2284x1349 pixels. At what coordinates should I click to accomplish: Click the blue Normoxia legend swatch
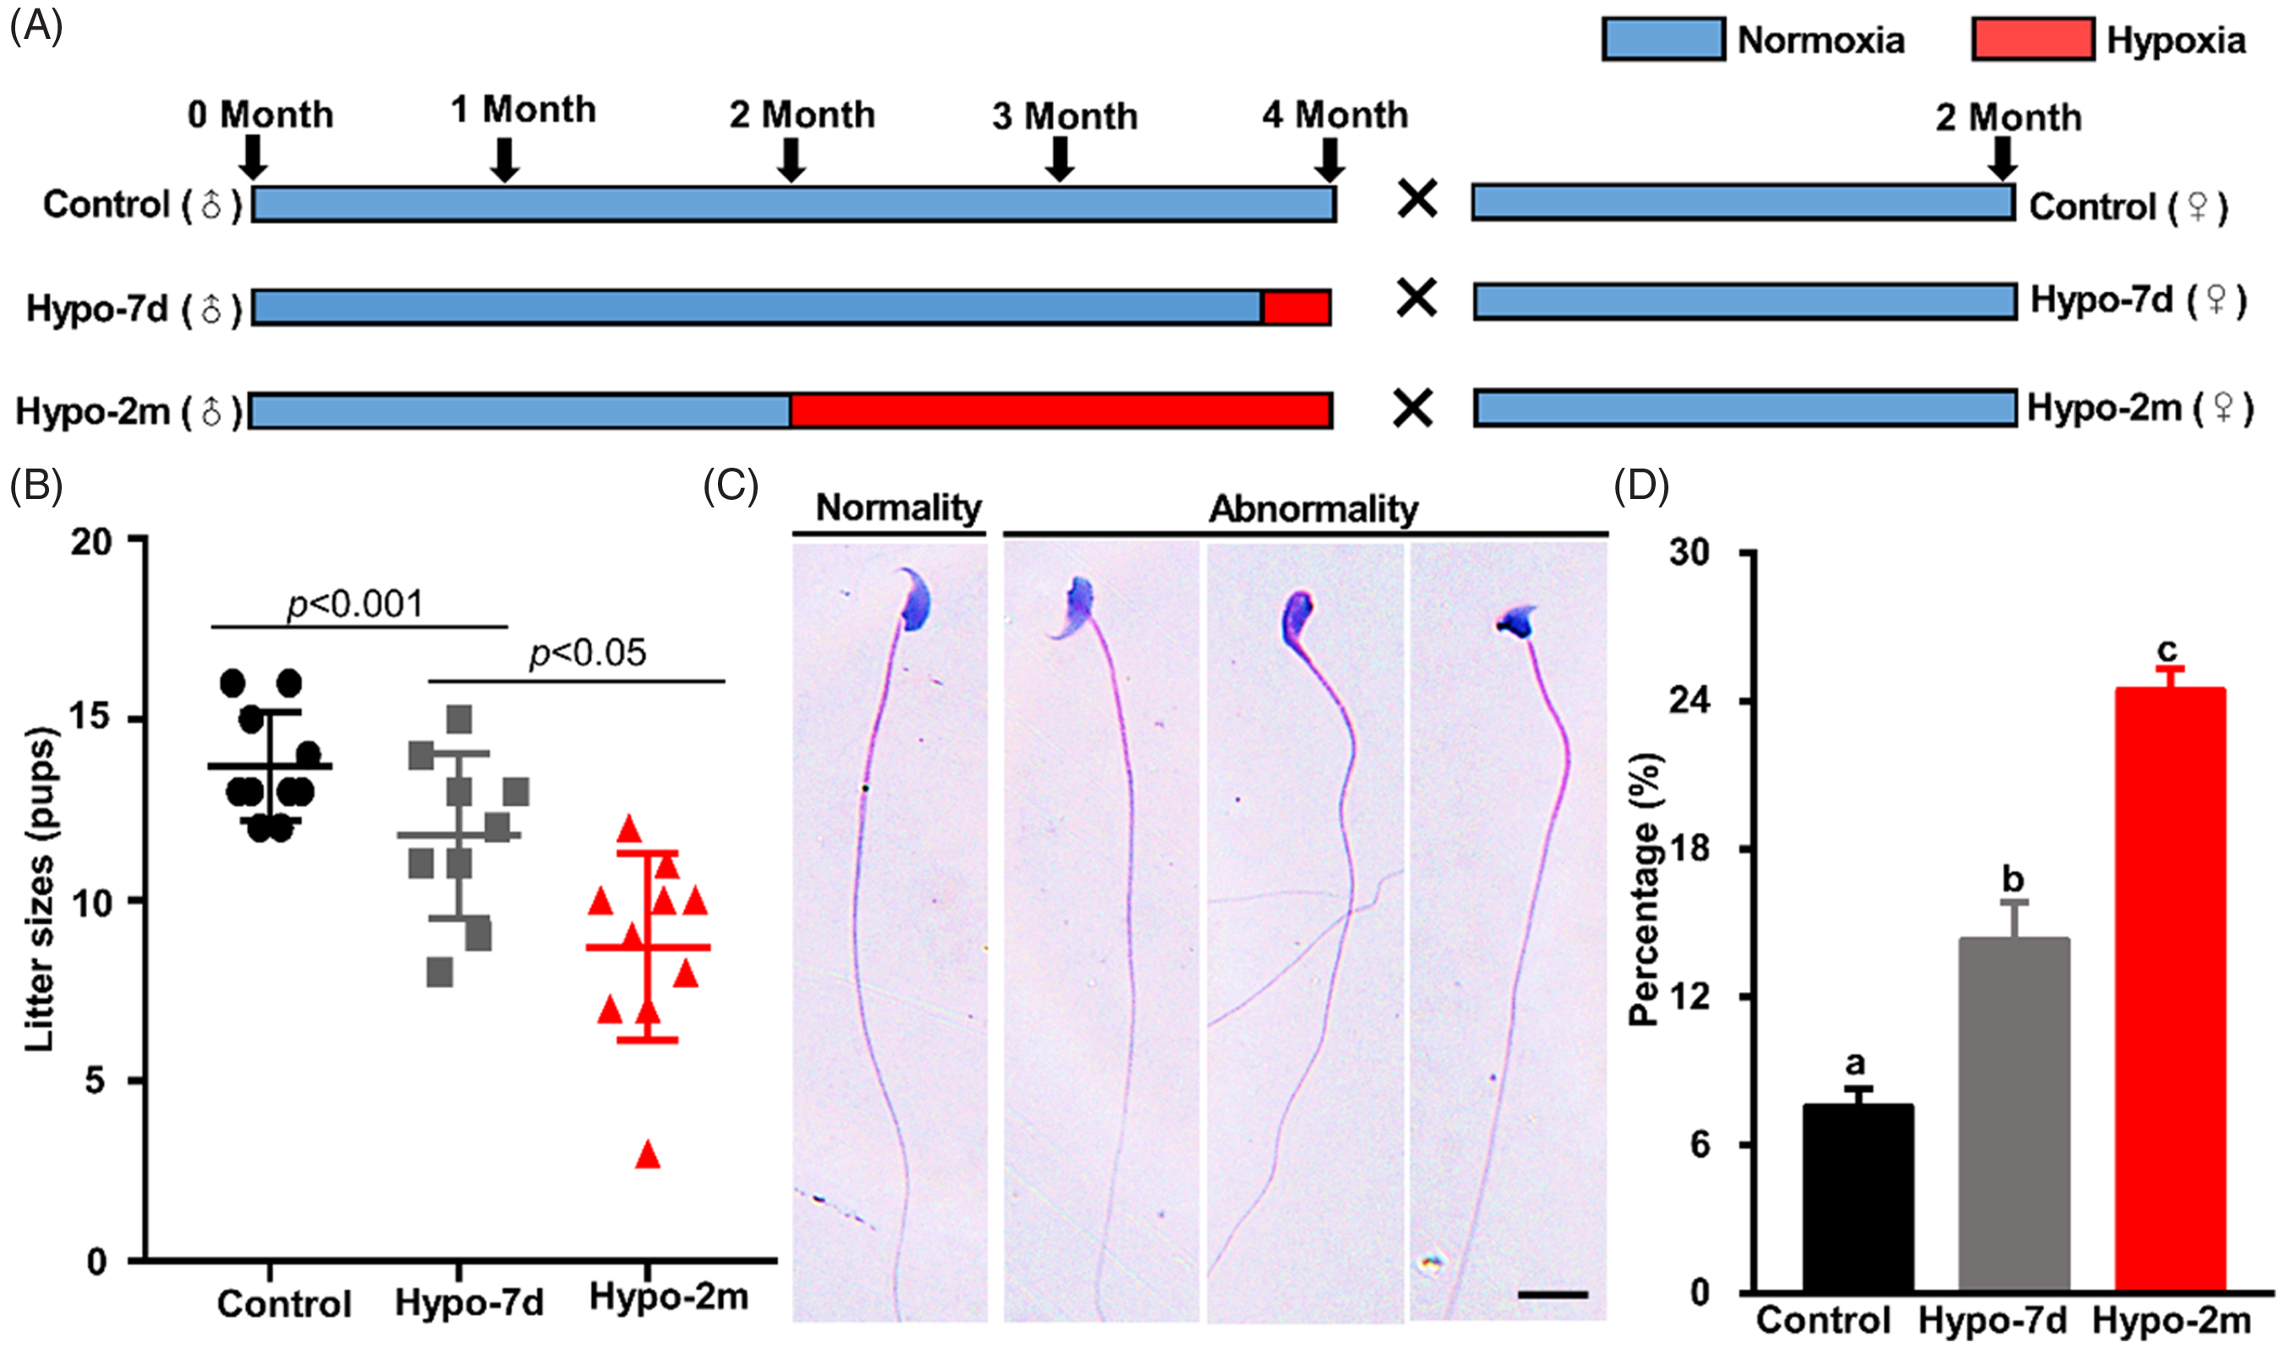click(1662, 40)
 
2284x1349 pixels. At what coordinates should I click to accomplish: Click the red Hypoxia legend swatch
click(2032, 40)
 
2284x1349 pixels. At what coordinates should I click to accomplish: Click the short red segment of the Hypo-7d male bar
click(1296, 308)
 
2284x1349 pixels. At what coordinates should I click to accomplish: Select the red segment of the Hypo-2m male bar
click(1060, 411)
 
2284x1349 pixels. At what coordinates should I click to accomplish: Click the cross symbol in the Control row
click(1417, 200)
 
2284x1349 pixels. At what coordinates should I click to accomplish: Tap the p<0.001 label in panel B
click(355, 605)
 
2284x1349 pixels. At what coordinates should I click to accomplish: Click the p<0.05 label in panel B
click(587, 653)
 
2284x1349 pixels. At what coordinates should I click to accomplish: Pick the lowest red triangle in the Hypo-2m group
click(648, 1154)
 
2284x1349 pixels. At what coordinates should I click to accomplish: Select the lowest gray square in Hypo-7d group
click(440, 973)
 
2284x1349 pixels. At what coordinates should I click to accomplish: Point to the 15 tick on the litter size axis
click(90, 718)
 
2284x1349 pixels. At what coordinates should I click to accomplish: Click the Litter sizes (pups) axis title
click(41, 889)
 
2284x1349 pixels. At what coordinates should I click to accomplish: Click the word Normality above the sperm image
click(898, 507)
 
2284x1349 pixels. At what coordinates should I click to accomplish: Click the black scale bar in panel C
click(1553, 1293)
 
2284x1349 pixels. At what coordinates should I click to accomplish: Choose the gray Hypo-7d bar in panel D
click(2014, 1115)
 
